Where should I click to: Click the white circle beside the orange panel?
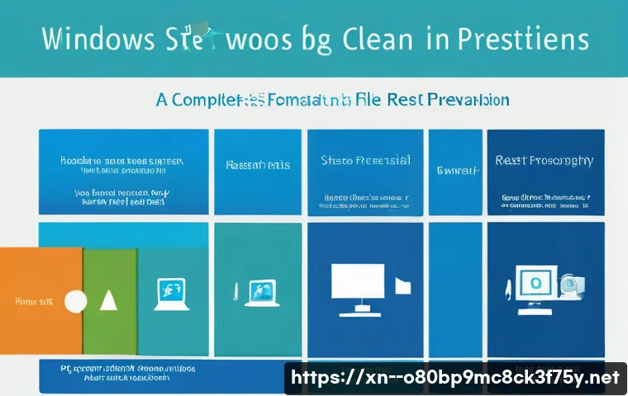[75, 302]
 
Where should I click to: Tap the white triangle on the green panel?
[108, 301]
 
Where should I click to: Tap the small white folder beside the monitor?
[402, 285]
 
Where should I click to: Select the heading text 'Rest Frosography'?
[544, 160]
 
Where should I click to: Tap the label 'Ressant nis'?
[258, 165]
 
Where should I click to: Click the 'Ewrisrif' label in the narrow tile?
[455, 171]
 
